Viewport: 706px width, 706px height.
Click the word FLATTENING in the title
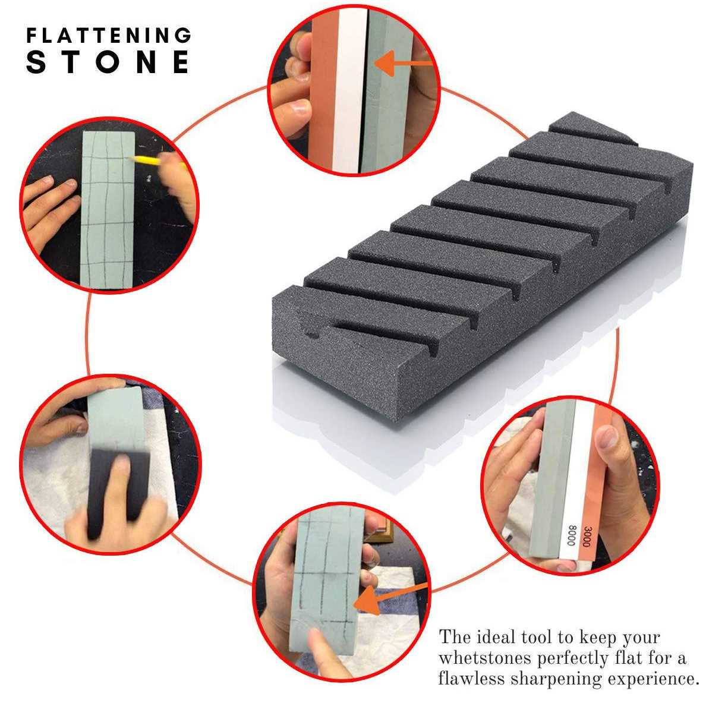click(109, 36)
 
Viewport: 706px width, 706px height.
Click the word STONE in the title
click(109, 62)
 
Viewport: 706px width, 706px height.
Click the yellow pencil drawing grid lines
click(149, 159)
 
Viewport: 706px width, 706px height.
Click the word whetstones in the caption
click(486, 658)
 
